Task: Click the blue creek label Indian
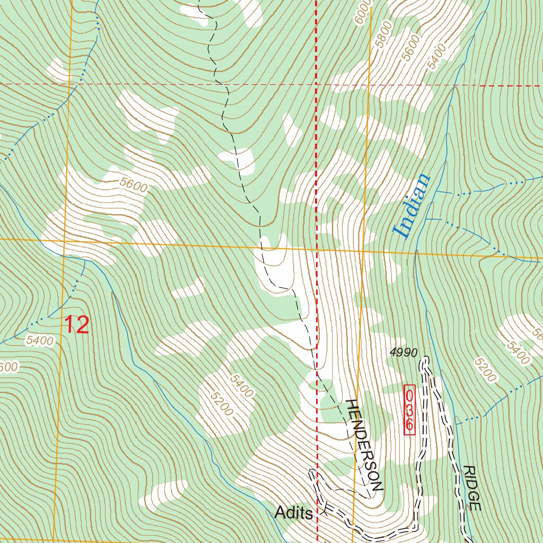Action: [x=411, y=205]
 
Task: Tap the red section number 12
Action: [x=77, y=325]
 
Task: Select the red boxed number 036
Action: [x=409, y=410]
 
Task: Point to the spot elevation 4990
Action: [x=404, y=352]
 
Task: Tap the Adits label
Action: [x=293, y=512]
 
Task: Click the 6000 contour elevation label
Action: [x=363, y=12]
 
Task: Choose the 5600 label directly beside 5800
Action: [x=410, y=52]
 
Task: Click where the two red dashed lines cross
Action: [x=317, y=84]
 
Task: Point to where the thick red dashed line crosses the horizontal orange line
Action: [x=317, y=249]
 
